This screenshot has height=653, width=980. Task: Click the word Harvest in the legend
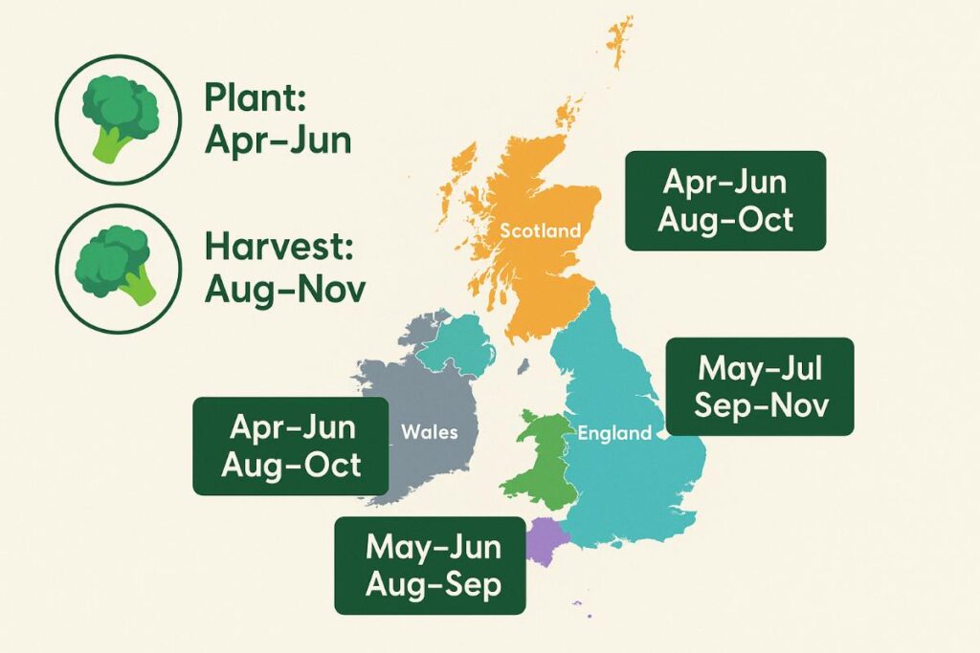pos(279,248)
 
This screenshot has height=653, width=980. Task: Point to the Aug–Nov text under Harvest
pos(284,288)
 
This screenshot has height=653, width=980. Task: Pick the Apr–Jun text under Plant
pos(278,141)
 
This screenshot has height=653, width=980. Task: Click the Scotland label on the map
pos(540,230)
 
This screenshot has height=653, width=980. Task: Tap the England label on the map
pos(613,433)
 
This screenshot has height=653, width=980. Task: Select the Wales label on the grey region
pos(429,432)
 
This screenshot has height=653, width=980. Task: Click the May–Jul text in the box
pos(760,367)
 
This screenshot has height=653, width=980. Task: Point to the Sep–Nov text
pos(760,405)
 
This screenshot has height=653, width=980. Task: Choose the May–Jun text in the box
pos(433,547)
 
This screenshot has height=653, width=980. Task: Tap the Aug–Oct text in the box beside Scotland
pos(725,220)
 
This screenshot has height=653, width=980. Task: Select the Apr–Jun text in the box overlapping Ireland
pos(289,426)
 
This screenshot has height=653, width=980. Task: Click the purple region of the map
pos(545,540)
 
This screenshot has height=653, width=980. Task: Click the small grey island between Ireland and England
pos(523,365)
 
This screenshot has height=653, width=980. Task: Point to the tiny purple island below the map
pos(576,603)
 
